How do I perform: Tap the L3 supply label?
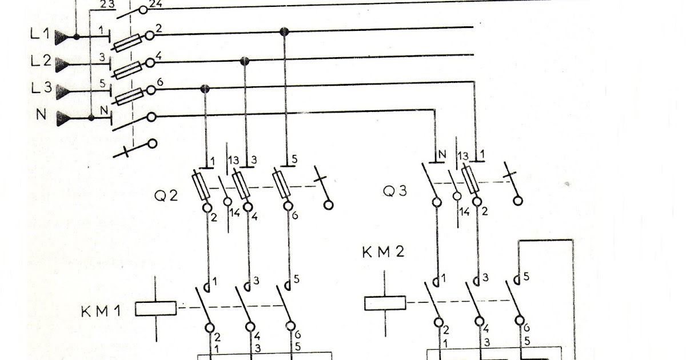39,89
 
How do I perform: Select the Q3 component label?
395,191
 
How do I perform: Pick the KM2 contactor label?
383,252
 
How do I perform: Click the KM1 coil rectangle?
156,309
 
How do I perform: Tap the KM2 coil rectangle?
385,303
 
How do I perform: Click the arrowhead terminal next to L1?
64,37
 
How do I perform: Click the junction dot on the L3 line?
205,88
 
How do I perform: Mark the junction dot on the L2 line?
245,60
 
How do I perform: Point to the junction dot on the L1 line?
284,31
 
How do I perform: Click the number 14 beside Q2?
235,214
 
